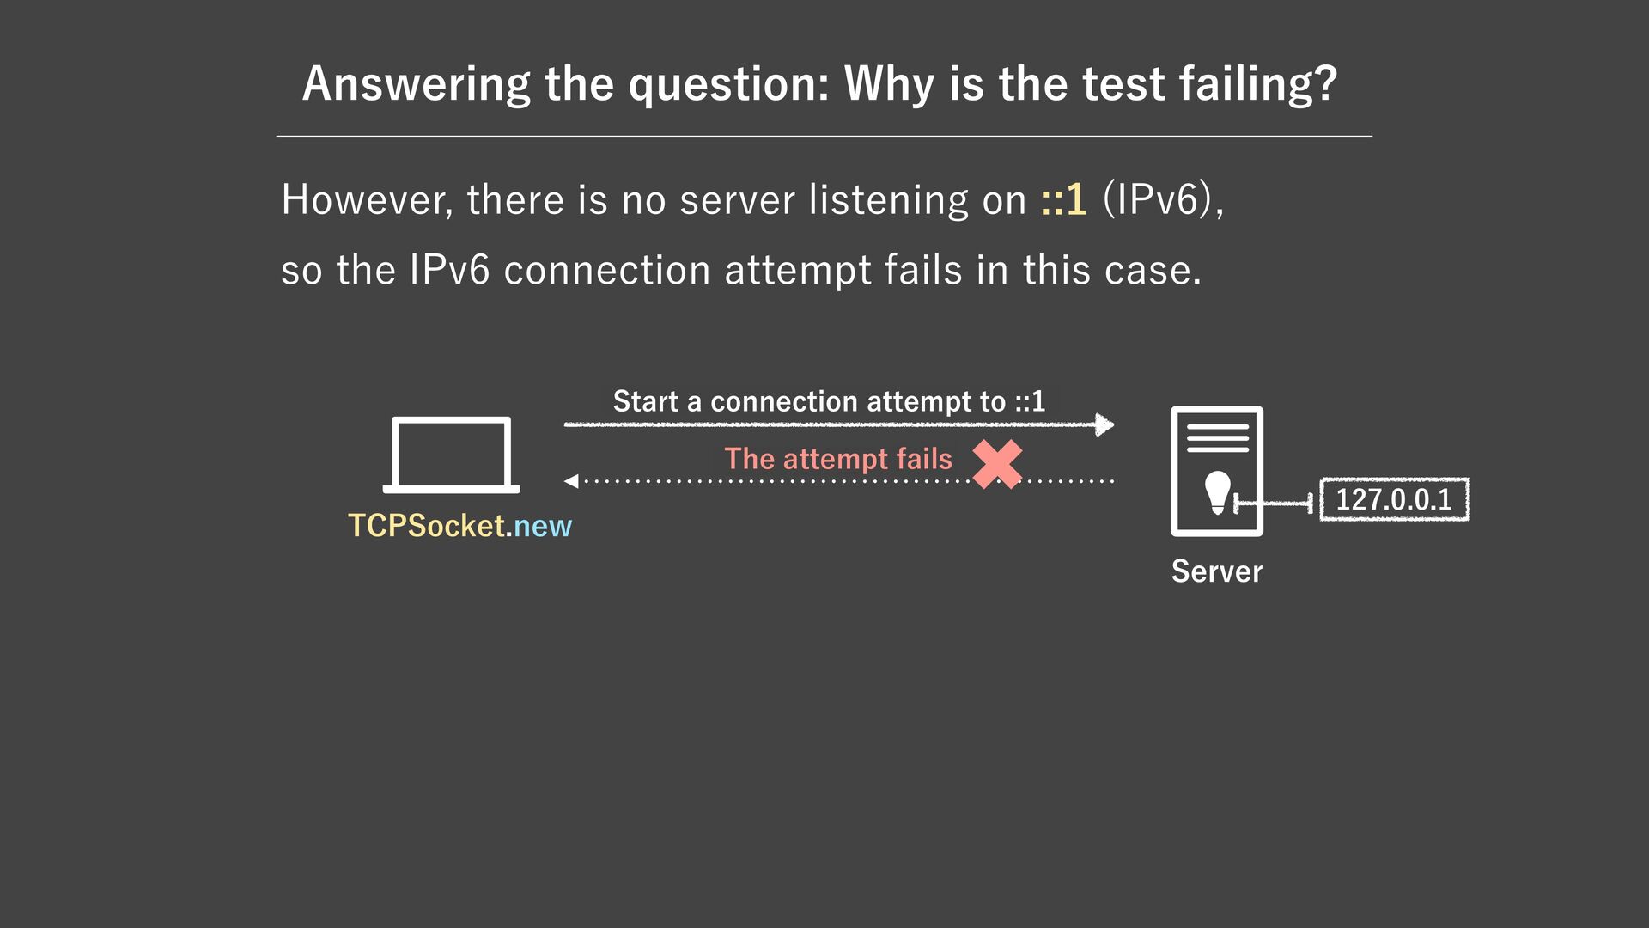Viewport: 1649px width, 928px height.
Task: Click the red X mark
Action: pos(997,464)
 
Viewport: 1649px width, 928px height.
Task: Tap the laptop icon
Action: pos(451,455)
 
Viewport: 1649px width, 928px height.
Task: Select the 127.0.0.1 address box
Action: pos(1394,499)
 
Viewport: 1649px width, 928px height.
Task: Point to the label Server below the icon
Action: pos(1216,571)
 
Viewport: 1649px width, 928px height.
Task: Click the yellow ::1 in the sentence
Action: pos(1063,199)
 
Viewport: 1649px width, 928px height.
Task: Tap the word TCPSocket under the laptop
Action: pos(426,526)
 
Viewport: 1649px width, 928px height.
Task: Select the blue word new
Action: pos(543,526)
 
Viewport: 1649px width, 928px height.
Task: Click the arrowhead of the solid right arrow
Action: pos(1105,424)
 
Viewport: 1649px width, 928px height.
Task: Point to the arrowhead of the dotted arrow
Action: pos(571,481)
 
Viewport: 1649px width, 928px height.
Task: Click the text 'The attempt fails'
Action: pos(837,459)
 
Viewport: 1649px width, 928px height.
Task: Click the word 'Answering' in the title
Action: pos(417,84)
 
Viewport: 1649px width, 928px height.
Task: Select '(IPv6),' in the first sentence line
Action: pos(1163,199)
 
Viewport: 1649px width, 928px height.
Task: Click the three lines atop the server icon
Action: pos(1217,437)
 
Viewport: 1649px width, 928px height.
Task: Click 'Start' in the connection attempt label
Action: pos(645,401)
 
